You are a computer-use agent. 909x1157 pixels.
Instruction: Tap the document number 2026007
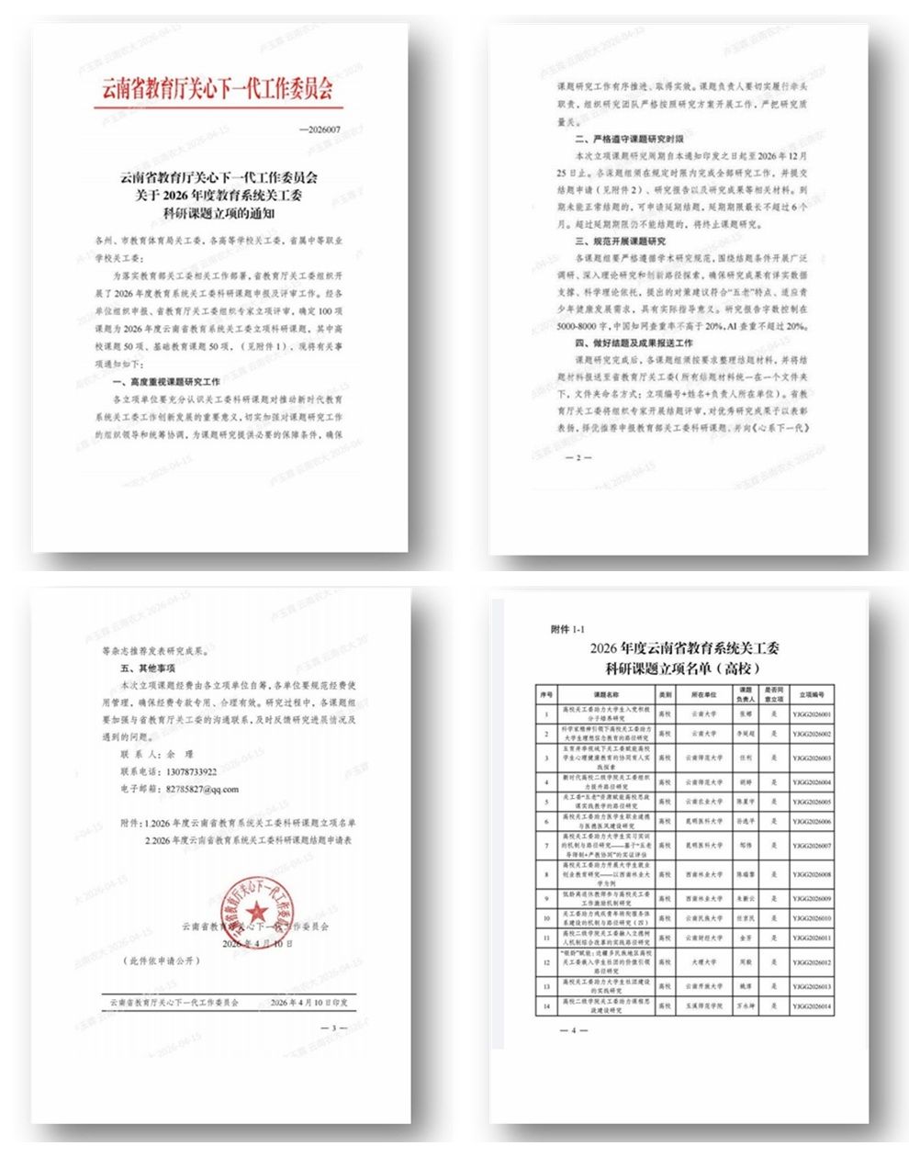click(x=320, y=130)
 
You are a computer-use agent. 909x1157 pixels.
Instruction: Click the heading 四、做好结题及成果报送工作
click(x=634, y=343)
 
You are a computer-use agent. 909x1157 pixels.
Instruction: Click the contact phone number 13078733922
click(x=188, y=771)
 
